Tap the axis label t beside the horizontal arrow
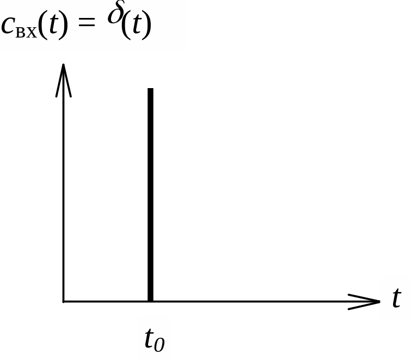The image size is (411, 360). [x=396, y=298]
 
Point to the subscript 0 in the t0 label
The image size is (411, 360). [x=160, y=344]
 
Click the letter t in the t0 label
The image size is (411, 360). [x=149, y=339]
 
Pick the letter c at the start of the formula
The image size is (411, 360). [x=9, y=27]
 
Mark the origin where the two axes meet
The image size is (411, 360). [x=64, y=301]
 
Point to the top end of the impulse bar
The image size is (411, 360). [x=150, y=90]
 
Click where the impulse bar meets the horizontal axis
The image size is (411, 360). [x=150, y=300]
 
